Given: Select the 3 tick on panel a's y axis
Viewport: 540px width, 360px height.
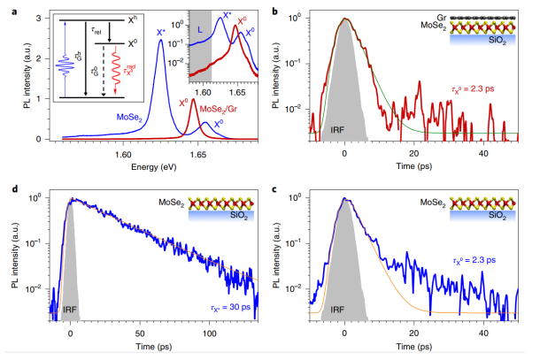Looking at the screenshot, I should click(31, 19).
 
